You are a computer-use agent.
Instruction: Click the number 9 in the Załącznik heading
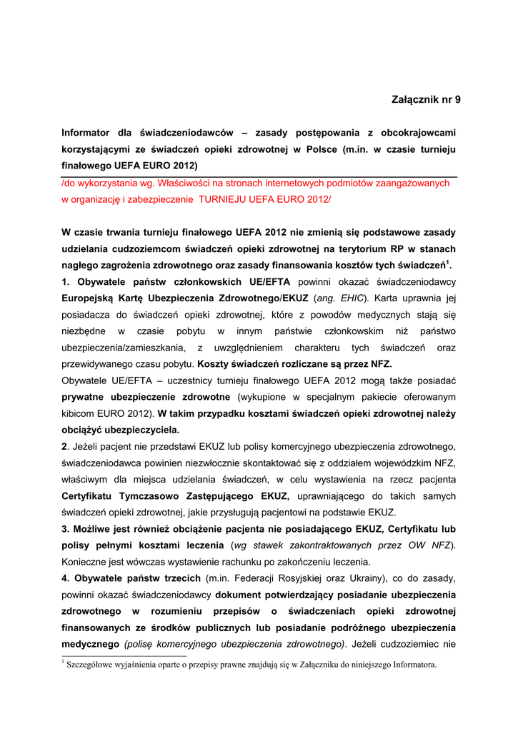[457, 99]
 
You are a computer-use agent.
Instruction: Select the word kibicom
[79, 413]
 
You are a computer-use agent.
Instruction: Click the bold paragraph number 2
[64, 446]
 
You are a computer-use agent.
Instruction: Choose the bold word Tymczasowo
[157, 495]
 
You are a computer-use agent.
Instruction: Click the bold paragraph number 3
[65, 528]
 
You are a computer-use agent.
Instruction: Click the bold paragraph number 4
[65, 578]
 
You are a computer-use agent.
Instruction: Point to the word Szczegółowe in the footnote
[90, 665]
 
